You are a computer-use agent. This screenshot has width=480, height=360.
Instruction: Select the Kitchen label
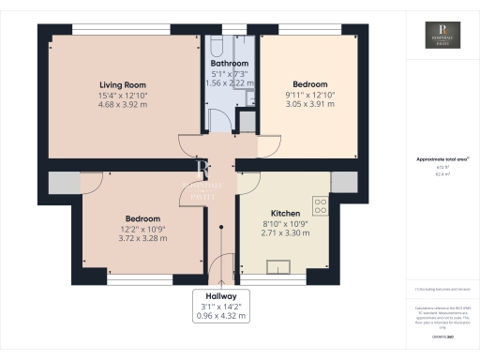point(284,213)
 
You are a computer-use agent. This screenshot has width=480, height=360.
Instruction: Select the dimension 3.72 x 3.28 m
point(143,238)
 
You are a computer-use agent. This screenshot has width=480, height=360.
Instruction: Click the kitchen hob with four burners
point(321,205)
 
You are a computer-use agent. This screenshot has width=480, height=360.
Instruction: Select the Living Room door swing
point(190,145)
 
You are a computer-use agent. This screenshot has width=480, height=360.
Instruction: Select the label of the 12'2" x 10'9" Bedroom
point(143,218)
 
